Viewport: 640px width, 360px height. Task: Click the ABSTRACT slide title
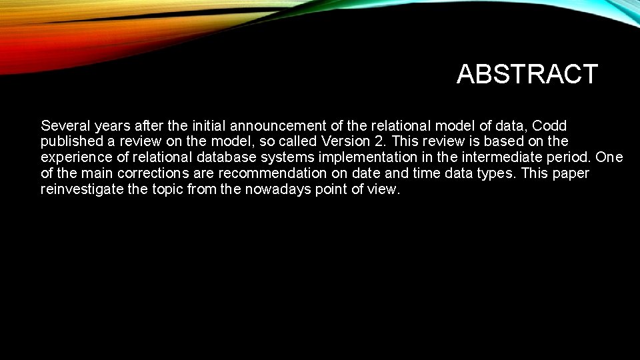527,74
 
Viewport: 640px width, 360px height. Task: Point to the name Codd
550,125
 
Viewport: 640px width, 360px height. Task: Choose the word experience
73,157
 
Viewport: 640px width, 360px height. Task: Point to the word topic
163,189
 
